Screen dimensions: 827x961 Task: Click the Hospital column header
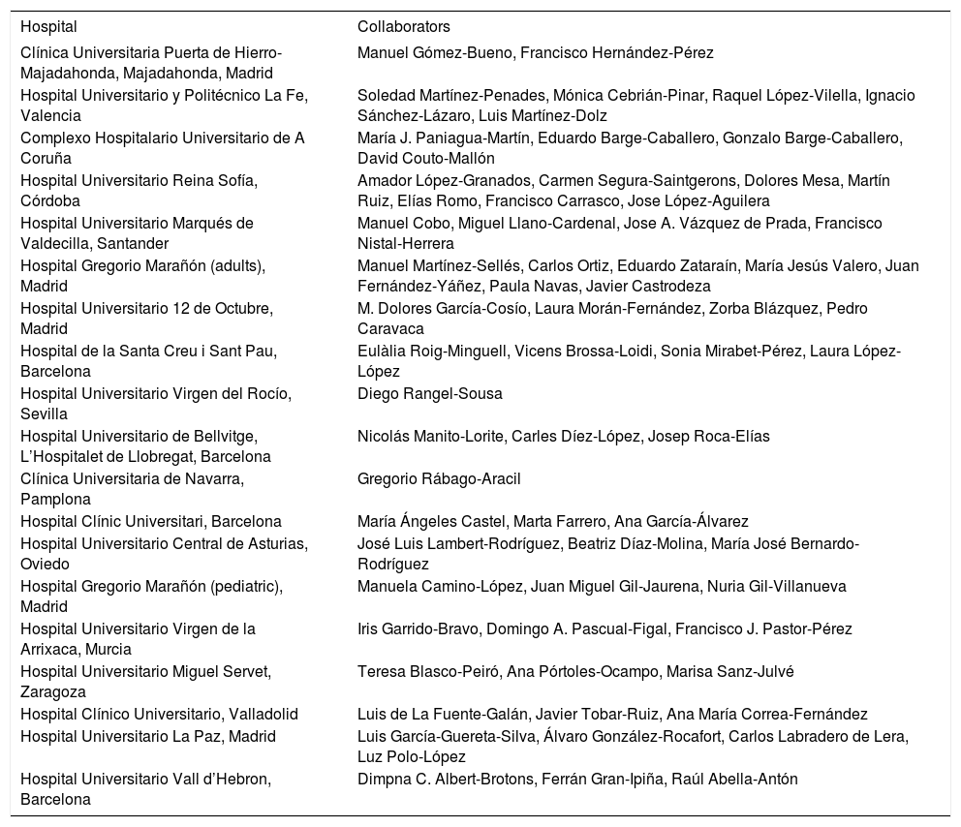48,27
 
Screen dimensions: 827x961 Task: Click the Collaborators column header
403,27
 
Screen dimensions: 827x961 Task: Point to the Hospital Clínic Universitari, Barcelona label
151,522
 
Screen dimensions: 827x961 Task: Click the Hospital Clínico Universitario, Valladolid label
159,715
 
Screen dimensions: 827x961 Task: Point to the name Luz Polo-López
398,757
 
